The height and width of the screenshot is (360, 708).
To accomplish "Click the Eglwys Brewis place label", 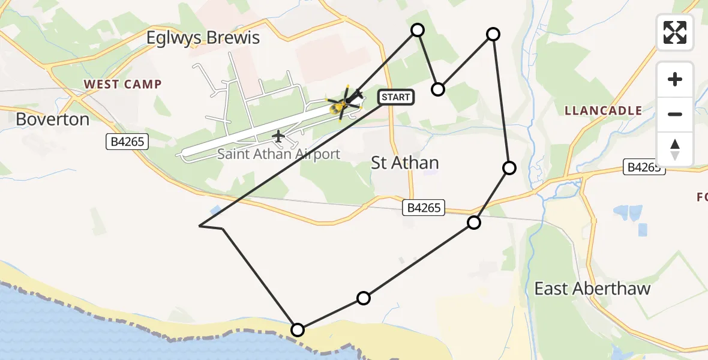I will tap(203, 38).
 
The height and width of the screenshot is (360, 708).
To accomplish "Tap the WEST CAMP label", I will tap(122, 84).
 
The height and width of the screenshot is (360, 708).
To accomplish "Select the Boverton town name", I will tap(53, 119).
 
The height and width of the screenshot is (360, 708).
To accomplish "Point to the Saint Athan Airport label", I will tap(278, 154).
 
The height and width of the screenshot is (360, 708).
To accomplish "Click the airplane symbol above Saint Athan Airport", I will tap(278, 137).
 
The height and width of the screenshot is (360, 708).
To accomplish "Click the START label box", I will tap(395, 97).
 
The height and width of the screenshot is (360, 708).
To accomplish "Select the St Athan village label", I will tap(404, 163).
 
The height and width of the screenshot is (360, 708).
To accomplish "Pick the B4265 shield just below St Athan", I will tap(424, 208).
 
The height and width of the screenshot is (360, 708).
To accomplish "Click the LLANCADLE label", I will tap(603, 110).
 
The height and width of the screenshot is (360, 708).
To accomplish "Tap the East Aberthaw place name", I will tap(592, 289).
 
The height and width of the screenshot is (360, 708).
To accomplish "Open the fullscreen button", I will tap(675, 32).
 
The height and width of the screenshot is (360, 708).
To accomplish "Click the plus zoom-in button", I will tap(675, 79).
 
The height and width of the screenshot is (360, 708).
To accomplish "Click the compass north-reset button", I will tap(675, 149).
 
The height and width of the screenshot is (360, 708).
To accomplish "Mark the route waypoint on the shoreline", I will tap(297, 329).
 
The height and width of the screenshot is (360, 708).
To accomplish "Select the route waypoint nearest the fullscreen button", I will tap(493, 34).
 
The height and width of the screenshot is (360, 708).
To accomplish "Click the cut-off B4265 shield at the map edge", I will tap(644, 167).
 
